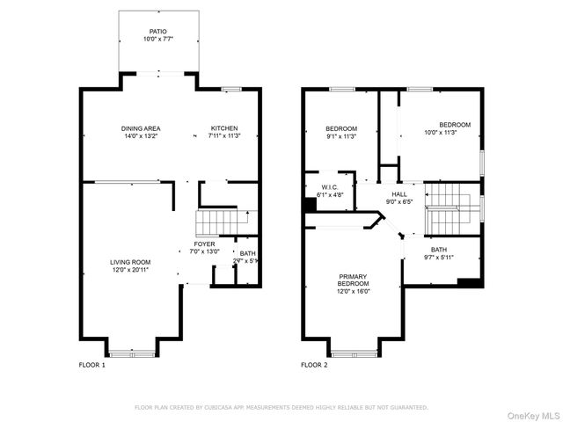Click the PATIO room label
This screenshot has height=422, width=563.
pos(157,31)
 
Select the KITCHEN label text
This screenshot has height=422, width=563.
pos(223,128)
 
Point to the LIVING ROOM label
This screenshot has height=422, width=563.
pos(130,262)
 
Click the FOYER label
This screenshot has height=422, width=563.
pos(204,244)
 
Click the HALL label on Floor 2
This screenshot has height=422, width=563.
pos(399,193)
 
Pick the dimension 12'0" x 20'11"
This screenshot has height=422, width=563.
pos(130,269)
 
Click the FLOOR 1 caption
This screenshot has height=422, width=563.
pos(91,365)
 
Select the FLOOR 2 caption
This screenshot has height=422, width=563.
pos(314,365)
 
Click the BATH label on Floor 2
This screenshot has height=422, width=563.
pos(438,250)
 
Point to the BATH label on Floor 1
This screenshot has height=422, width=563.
pos(248,253)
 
